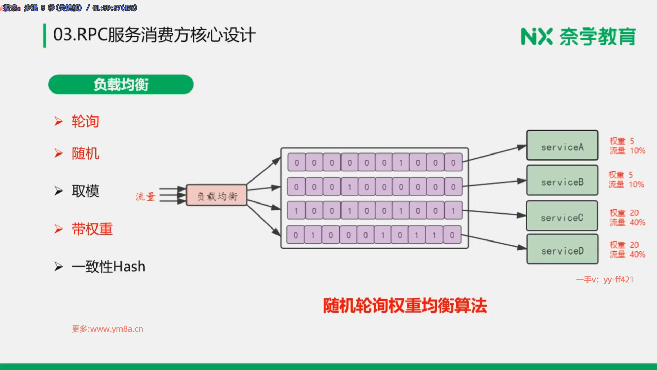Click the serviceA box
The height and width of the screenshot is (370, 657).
click(562, 145)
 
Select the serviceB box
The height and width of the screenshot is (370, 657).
click(562, 181)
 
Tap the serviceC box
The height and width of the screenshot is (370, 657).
click(562, 216)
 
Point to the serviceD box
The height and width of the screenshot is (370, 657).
click(562, 249)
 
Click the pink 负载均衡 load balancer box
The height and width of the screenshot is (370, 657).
click(217, 195)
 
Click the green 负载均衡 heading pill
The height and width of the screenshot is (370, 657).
click(121, 84)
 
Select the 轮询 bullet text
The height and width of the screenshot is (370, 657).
click(85, 122)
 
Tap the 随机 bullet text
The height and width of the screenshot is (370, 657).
click(85, 153)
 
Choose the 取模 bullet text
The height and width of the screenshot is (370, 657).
click(85, 191)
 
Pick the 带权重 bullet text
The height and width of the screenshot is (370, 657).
click(92, 229)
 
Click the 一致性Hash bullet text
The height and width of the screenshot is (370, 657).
click(108, 267)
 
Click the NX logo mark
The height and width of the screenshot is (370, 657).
click(536, 36)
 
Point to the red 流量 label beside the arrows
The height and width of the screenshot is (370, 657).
click(145, 197)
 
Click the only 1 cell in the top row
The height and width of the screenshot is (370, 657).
click(401, 163)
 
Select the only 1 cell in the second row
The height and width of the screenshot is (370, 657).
click(349, 187)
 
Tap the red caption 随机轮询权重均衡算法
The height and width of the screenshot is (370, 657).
click(405, 306)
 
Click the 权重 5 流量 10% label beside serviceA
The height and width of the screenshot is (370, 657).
click(627, 146)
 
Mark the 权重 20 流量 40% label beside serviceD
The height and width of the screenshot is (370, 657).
click(627, 250)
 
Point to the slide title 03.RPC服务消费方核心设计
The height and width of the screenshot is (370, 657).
click(154, 35)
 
